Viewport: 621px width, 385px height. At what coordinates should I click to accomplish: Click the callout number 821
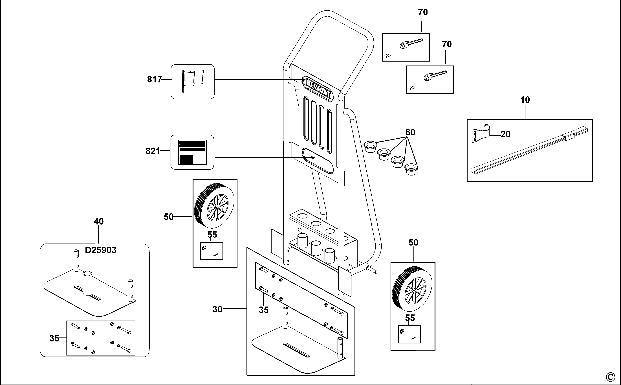point(153,151)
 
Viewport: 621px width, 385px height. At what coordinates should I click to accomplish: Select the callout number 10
point(525,100)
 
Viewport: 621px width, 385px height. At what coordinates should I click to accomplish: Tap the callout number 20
point(505,134)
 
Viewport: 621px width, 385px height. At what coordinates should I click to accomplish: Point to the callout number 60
point(410,132)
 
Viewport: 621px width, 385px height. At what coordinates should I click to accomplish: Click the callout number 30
point(217,309)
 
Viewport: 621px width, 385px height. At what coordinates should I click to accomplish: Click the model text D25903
point(100,250)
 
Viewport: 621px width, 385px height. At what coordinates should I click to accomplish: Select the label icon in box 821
point(192,152)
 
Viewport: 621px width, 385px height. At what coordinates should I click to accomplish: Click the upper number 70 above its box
point(423,12)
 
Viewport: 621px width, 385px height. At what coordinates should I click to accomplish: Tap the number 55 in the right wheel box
point(410,318)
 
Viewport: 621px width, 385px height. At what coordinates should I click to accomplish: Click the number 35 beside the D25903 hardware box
point(54,338)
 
